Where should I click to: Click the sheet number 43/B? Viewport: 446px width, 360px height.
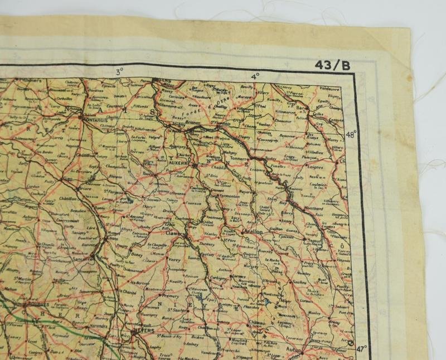[333, 65]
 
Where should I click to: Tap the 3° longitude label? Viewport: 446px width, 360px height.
[119, 71]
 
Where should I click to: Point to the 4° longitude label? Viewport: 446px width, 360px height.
[255, 76]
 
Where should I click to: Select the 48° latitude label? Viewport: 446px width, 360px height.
[351, 134]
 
